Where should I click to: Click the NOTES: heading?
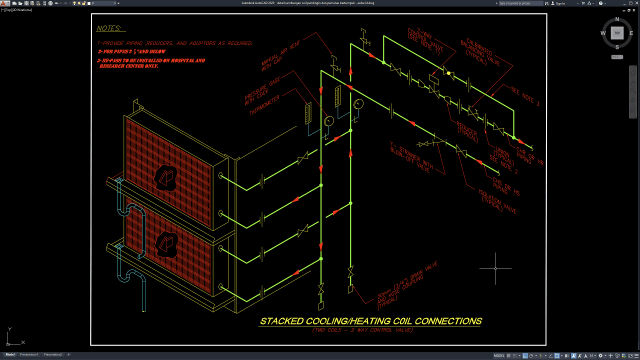[110, 28]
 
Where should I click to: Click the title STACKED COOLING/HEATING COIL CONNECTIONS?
[370, 321]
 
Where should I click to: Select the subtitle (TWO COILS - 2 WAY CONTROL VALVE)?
[362, 330]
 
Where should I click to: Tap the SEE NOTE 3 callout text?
[525, 96]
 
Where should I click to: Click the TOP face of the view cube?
[617, 33]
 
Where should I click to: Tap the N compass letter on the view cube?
[617, 19]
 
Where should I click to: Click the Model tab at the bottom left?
[10, 354]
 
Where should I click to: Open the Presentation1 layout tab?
[29, 354]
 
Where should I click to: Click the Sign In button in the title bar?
[560, 3]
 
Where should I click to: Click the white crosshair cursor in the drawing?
[495, 268]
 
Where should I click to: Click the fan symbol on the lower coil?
[165, 244]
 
